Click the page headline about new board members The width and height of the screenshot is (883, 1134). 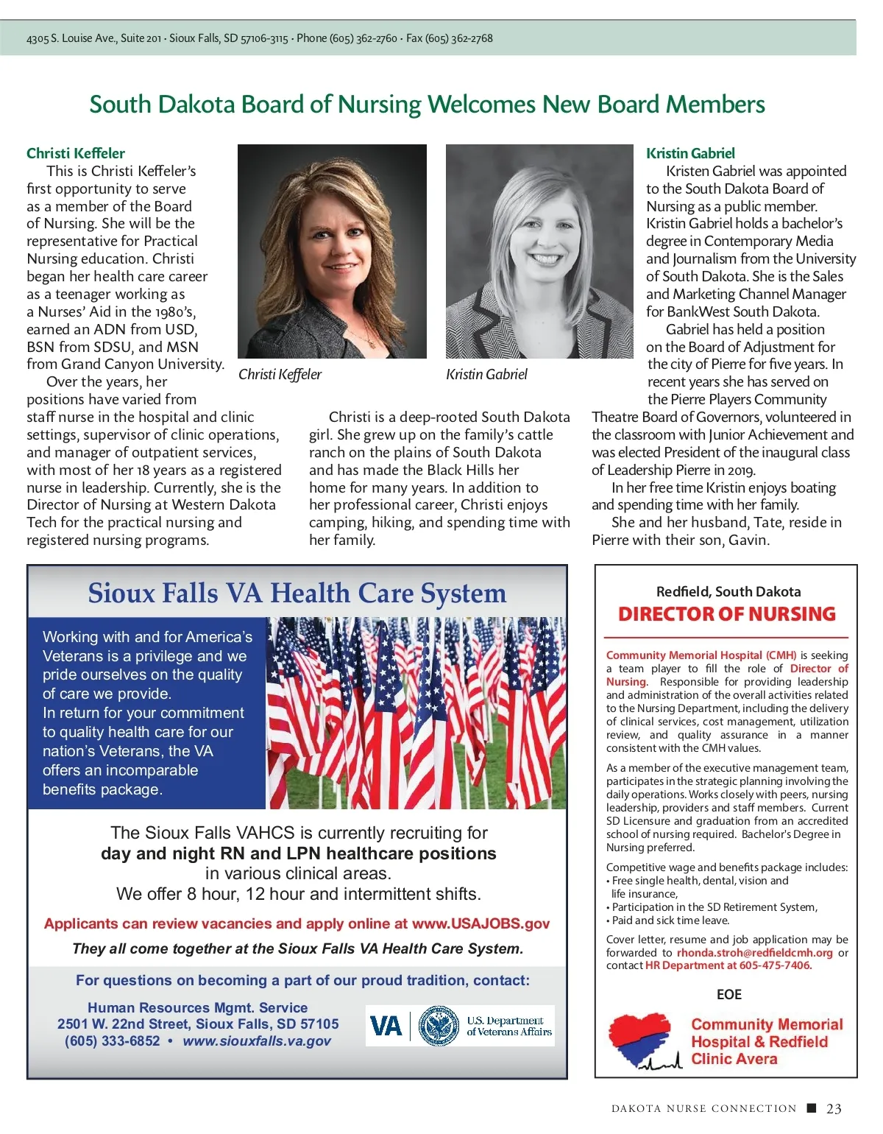point(427,105)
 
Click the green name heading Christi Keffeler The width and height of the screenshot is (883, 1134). point(76,153)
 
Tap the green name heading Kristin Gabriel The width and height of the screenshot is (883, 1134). point(690,153)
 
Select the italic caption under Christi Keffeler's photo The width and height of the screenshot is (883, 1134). point(280,374)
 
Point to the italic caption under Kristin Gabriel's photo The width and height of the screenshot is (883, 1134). point(486,374)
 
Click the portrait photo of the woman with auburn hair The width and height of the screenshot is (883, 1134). point(332,251)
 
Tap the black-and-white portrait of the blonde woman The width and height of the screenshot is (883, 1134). point(539,251)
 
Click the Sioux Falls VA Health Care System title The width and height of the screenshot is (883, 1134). point(297,593)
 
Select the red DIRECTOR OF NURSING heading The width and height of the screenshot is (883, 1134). point(727,614)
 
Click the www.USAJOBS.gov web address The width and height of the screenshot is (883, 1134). point(480,923)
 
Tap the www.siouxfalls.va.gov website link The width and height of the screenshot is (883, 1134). point(257,1041)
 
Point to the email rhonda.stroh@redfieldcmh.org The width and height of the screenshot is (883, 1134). point(755,953)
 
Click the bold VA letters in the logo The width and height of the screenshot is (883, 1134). point(386,1026)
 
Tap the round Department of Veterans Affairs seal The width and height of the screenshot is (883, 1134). point(439,1026)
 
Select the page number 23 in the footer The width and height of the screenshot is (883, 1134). point(834,1108)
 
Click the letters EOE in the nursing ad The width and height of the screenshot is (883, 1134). point(729,994)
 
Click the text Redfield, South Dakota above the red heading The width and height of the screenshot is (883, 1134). point(728,591)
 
